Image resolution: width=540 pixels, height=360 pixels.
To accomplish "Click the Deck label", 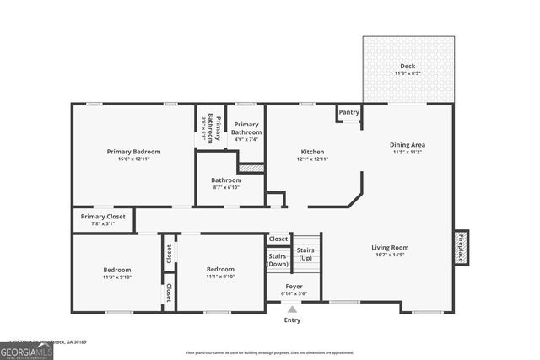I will click(x=408, y=67).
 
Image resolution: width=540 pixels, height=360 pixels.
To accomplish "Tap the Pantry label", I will click(x=348, y=112).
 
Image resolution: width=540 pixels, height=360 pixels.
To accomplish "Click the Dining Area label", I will click(x=408, y=145).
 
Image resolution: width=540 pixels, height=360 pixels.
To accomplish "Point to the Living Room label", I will click(x=389, y=248).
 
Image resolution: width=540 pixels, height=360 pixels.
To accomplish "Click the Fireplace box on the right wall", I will click(x=461, y=248).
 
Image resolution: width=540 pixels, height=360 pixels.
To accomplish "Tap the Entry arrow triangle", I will click(x=292, y=309).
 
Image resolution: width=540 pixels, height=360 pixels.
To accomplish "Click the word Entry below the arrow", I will click(x=292, y=320).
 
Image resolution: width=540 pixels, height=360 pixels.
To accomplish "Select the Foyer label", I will click(x=294, y=287).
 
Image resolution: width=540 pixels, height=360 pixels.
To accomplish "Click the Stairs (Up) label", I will click(x=305, y=254).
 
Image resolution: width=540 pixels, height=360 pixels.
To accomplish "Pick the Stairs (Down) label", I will click(x=278, y=260).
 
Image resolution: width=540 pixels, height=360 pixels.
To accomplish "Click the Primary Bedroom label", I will click(x=133, y=152).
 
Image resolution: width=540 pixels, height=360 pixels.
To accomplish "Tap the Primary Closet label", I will click(x=103, y=217).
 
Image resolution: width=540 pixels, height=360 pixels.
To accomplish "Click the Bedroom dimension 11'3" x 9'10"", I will click(x=116, y=277).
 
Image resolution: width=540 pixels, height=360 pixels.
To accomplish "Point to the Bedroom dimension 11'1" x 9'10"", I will click(x=220, y=277).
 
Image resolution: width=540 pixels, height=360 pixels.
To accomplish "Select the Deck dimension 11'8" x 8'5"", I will click(x=408, y=74).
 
